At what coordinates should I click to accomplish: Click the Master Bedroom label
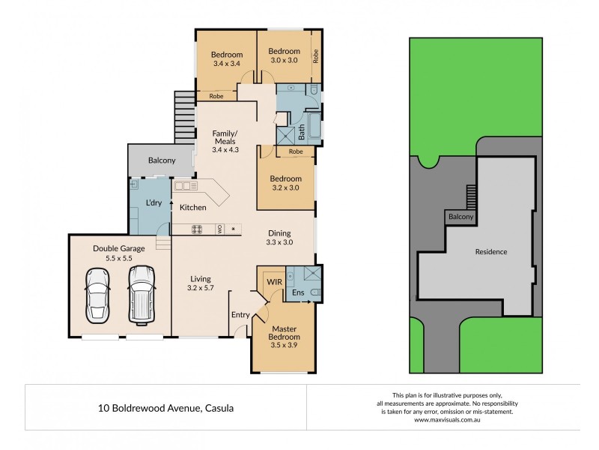[x=284, y=332]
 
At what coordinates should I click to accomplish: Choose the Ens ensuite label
[x=298, y=292]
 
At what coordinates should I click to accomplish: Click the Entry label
[x=240, y=315]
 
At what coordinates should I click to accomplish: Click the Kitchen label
[x=193, y=207]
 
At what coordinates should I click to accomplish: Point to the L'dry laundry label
[x=153, y=203]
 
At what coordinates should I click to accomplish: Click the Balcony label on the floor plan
[x=162, y=160]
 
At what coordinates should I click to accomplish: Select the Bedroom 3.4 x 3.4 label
[x=226, y=59]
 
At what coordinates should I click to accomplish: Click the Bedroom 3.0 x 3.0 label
[x=284, y=55]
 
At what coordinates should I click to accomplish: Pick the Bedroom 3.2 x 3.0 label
[x=286, y=184]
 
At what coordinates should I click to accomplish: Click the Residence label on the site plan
[x=491, y=252]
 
